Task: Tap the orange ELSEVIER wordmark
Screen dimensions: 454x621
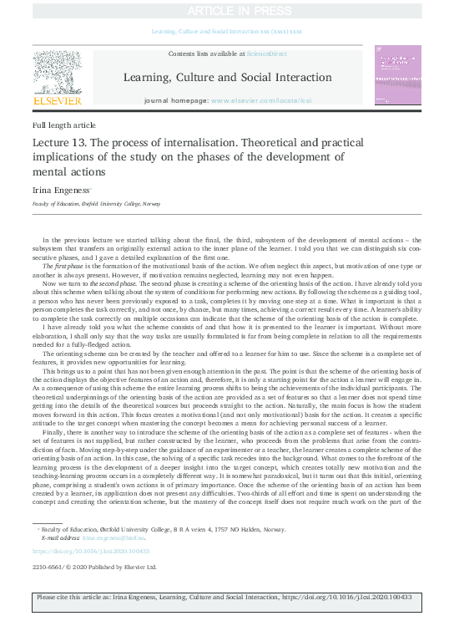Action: click(x=57, y=100)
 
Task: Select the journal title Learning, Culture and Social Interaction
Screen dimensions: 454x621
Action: click(x=227, y=78)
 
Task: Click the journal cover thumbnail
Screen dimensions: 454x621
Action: click(x=398, y=75)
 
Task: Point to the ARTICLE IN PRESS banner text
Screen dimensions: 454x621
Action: click(x=227, y=11)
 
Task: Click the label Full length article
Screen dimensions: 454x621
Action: click(x=63, y=125)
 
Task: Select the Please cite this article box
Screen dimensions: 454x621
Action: click(x=227, y=598)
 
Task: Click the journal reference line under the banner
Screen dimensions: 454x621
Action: click(x=227, y=31)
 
